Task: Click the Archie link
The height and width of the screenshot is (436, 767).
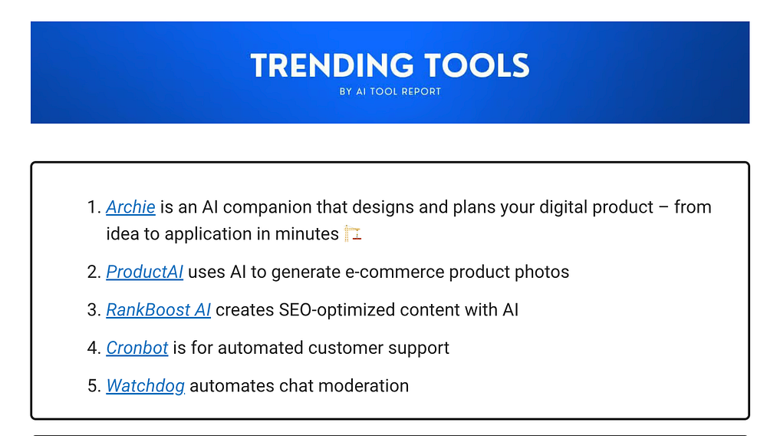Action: coord(130,207)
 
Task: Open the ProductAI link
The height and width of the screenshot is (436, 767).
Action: coord(145,272)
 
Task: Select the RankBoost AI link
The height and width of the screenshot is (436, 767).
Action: coord(159,310)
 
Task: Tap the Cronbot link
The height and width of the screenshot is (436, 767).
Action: coord(137,348)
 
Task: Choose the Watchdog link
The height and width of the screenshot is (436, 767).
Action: coord(145,386)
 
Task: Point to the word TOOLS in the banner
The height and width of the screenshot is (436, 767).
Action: coord(476,65)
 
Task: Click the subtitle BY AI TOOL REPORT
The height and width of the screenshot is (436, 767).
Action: coord(390,91)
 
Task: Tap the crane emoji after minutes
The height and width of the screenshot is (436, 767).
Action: coord(353,233)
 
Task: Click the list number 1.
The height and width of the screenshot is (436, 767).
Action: coord(94,207)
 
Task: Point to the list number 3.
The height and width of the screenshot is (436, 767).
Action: coord(94,310)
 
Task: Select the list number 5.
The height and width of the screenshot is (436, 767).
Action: coord(94,386)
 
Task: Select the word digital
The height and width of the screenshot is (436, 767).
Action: coord(564,208)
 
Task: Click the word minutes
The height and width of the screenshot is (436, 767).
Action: coord(307,234)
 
